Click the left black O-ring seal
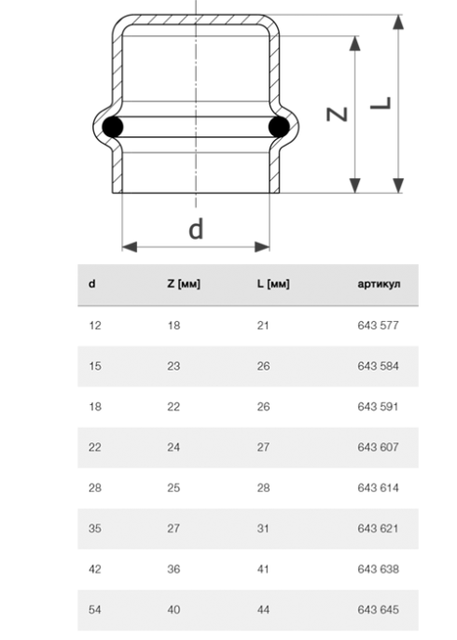click(112, 127)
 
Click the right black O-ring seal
click(279, 127)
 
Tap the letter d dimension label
click(196, 229)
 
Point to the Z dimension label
click(337, 114)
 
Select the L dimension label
click(381, 104)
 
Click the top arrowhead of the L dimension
click(398, 22)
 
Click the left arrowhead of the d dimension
click(130, 246)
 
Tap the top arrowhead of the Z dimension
click(355, 43)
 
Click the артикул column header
click(379, 284)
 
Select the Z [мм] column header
click(184, 284)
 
